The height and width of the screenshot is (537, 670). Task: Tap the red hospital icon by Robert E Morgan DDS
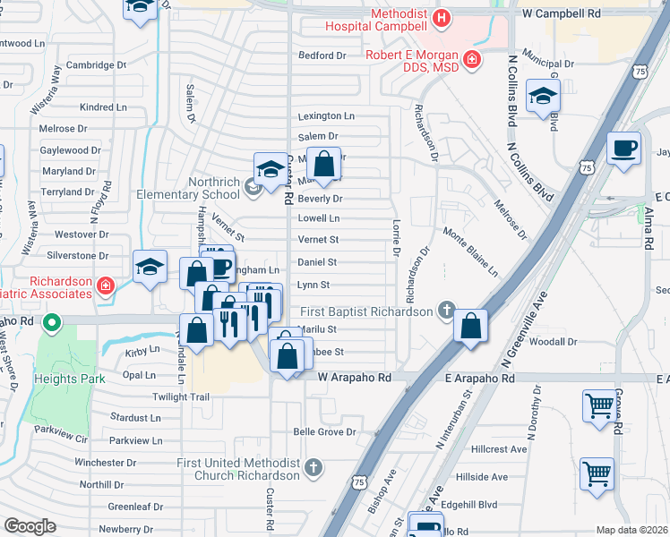point(472,60)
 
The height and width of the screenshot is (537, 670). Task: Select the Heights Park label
point(71,379)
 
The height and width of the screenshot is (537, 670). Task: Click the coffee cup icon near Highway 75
point(623,148)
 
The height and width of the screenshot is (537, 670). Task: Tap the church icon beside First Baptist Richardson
point(445,311)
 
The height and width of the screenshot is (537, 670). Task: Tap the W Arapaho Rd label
point(356,379)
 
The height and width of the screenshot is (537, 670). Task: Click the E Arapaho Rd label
point(480,379)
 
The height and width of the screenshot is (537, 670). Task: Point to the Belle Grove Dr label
point(324,431)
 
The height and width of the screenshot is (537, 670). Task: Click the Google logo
point(30,525)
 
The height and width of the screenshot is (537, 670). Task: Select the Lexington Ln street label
point(326,116)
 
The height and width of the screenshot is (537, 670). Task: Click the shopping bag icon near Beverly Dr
point(325,164)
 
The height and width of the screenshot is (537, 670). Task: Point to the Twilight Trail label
point(180,396)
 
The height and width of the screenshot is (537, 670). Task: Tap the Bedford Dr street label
point(322,55)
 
